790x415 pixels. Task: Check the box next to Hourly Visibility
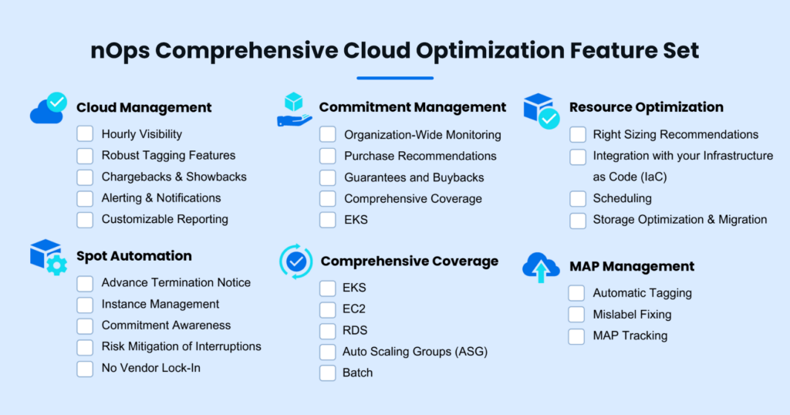(x=85, y=134)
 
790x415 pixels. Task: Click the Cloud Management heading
(x=144, y=107)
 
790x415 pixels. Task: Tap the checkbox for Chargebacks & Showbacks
(x=85, y=177)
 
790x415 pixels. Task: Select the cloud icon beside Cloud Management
(x=49, y=108)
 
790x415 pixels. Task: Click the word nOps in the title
(x=120, y=50)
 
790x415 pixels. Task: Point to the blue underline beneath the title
(x=395, y=78)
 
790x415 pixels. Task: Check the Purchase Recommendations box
(x=327, y=156)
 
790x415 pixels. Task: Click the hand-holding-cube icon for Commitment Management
(x=294, y=110)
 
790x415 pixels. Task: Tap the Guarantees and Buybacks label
(x=414, y=177)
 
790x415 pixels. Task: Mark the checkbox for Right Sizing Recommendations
(x=577, y=134)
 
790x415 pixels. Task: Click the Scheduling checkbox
(x=577, y=198)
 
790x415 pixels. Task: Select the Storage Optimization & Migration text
(x=680, y=220)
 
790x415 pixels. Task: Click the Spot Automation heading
(x=134, y=256)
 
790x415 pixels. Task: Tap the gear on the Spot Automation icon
(x=57, y=265)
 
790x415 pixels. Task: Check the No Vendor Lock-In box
(x=85, y=368)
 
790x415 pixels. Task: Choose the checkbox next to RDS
(x=327, y=330)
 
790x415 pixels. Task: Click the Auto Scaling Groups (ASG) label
(x=415, y=352)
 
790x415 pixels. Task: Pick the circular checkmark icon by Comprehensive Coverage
(x=296, y=261)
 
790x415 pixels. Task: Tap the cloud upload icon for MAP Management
(x=541, y=268)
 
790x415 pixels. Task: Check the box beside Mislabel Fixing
(x=576, y=314)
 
